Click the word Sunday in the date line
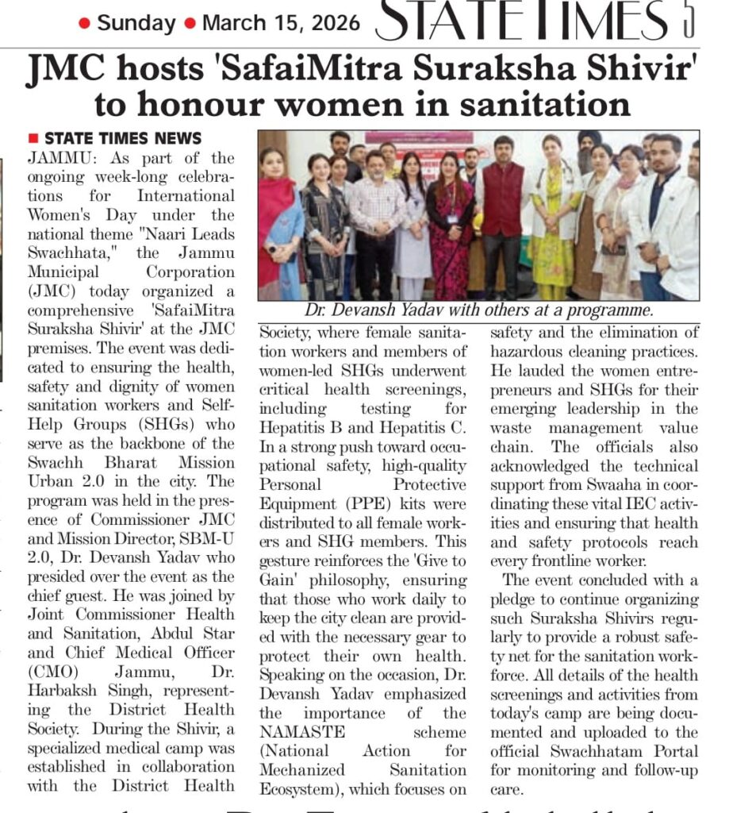click(x=136, y=22)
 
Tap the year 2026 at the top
click(x=330, y=22)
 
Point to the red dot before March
click(x=190, y=23)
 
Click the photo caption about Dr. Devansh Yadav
click(x=478, y=310)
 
